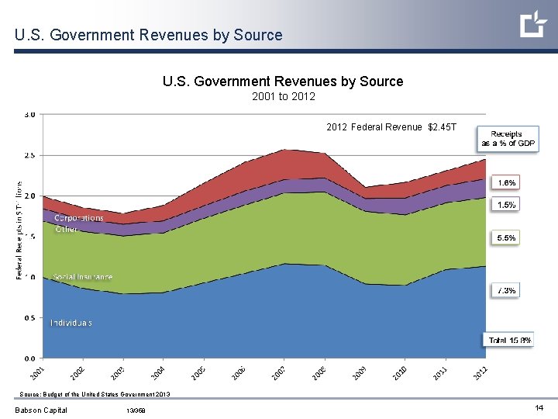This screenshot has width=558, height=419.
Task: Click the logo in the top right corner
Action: [533, 25]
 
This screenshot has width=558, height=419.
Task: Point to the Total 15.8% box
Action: [508, 340]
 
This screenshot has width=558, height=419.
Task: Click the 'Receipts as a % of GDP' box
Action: [507, 139]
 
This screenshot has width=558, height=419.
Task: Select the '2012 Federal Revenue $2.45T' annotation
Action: [391, 127]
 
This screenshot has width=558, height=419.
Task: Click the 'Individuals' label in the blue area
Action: [71, 323]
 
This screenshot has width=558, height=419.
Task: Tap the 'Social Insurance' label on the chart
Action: [82, 277]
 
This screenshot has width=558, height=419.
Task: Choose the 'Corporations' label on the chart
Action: [78, 218]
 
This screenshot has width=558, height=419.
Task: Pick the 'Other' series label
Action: [66, 230]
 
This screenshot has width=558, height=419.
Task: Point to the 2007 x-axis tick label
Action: [280, 372]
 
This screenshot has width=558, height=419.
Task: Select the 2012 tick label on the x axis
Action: [481, 372]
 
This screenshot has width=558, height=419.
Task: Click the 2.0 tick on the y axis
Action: [29, 196]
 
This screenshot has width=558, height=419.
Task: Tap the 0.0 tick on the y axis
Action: [29, 358]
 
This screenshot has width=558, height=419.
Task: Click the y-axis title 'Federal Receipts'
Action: [19, 220]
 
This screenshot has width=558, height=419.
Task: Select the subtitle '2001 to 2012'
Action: [283, 97]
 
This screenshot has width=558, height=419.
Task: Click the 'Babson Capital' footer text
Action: [41, 410]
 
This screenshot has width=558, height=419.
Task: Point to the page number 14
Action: [538, 408]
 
